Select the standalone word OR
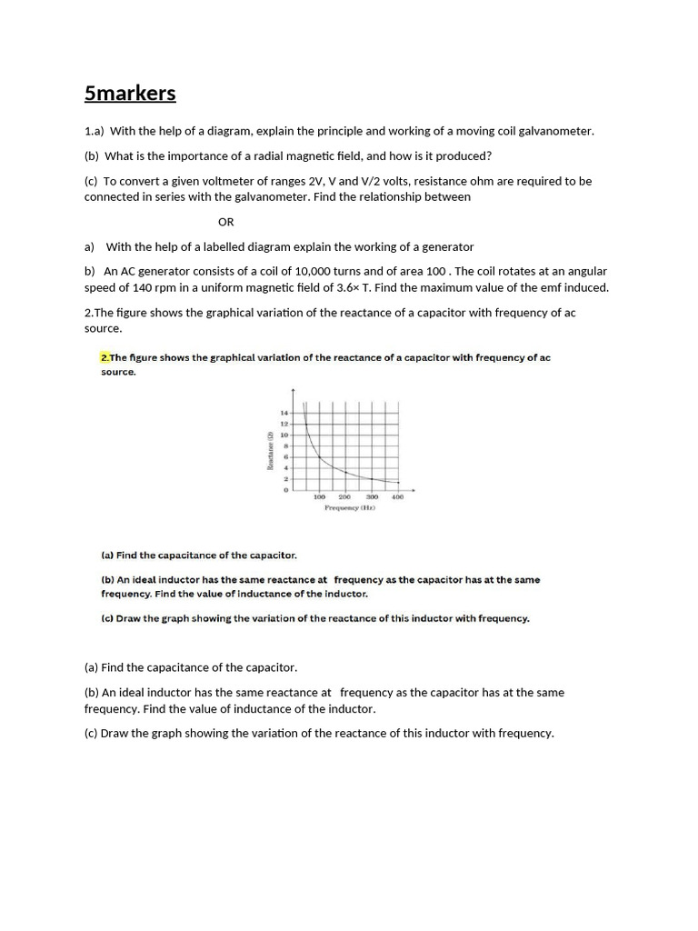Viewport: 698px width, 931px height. [226, 222]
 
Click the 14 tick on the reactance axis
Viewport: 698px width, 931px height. [284, 414]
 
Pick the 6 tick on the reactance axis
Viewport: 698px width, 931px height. [285, 457]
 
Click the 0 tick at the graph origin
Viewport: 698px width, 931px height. [285, 491]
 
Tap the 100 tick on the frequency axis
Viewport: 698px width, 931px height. [319, 497]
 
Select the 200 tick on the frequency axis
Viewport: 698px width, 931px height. [345, 497]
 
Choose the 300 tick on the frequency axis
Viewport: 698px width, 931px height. [372, 497]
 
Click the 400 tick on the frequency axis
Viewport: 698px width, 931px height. [398, 497]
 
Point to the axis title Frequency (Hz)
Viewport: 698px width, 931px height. [350, 508]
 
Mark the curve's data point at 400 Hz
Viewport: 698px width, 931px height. [398, 482]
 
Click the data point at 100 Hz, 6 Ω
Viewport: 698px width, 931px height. [319, 457]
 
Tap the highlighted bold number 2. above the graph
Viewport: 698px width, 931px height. [105, 357]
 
